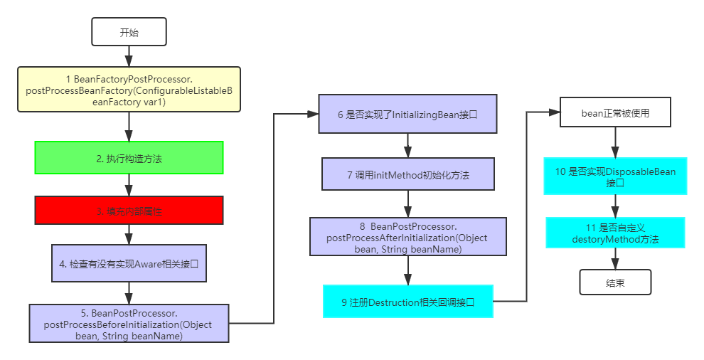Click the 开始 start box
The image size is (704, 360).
tap(129, 33)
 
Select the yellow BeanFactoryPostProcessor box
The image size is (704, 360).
tap(129, 90)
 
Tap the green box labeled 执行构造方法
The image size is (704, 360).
tap(129, 158)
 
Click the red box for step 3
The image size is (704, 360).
tap(129, 211)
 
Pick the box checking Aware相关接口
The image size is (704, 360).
tap(129, 264)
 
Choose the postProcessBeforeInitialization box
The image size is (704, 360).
tap(129, 324)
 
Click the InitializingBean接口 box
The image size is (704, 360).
tap(408, 114)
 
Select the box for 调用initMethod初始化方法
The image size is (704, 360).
tap(408, 174)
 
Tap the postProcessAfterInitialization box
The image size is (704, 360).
tap(408, 238)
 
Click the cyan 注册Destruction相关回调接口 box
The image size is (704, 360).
tap(408, 302)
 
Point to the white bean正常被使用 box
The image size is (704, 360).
tap(615, 113)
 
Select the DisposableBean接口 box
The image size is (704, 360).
tap(615, 177)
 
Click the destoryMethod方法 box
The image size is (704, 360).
tap(615, 233)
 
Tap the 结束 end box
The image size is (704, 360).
tap(615, 282)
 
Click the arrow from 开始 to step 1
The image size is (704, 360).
tap(129, 56)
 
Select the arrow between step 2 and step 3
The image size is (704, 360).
tap(129, 185)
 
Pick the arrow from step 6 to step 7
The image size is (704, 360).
tap(408, 145)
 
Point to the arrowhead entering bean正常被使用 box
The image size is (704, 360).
tap(554, 112)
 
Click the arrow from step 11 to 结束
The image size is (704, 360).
tap(615, 259)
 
